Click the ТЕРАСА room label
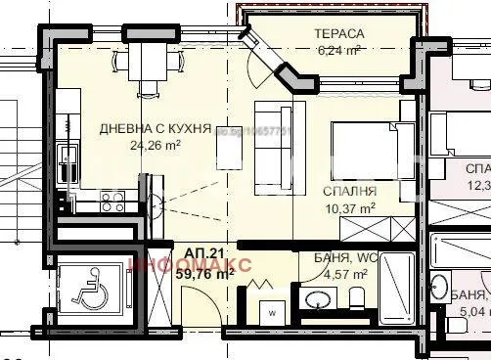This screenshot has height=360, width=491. pyautogui.click(x=339, y=34)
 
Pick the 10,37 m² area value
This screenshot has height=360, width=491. pyautogui.click(x=349, y=208)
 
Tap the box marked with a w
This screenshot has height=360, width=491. pyautogui.click(x=272, y=314)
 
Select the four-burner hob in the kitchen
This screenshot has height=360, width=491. pyautogui.click(x=111, y=202)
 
